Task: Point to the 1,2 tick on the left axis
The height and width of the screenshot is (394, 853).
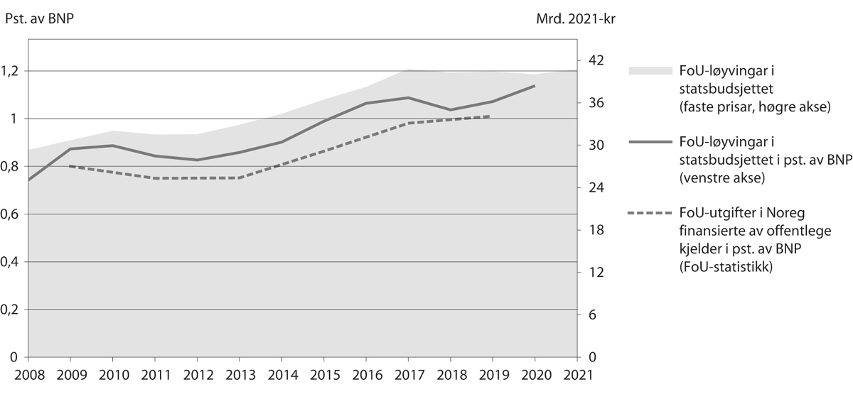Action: [13, 71]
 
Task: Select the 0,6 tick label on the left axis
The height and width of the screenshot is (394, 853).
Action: [13, 214]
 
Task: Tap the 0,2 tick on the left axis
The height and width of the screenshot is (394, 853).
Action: [13, 310]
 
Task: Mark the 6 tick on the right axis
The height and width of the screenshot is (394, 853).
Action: [589, 315]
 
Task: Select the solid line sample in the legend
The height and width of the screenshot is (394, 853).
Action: [650, 141]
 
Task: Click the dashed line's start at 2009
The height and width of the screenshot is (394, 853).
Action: [69, 165]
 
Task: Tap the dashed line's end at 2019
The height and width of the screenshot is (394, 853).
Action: [490, 116]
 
